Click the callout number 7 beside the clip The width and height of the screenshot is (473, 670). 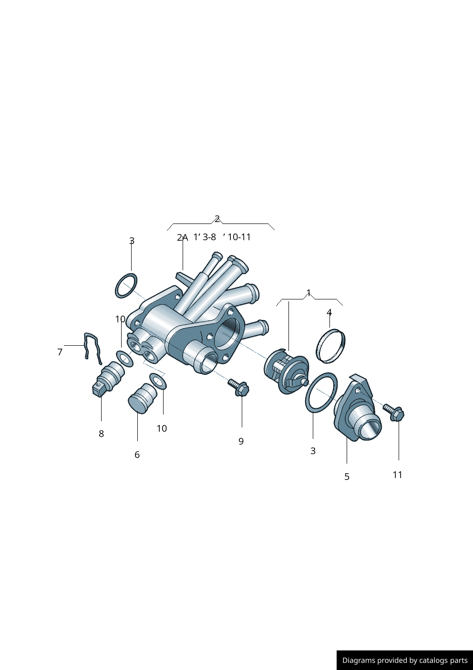point(60,352)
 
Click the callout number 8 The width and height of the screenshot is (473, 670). point(101,434)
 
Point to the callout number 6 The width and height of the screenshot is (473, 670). point(137,455)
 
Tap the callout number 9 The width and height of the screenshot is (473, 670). point(241,441)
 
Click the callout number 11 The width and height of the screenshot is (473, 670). point(397,475)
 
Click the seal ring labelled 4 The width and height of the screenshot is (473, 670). point(331,346)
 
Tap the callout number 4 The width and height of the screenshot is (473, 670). point(329,312)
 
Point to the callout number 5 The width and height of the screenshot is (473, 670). point(347,477)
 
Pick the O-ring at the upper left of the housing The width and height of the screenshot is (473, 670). point(126,286)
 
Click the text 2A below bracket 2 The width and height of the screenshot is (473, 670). point(182,237)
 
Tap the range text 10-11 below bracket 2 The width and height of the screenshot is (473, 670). point(239,237)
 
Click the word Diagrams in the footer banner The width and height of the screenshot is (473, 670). point(358,660)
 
